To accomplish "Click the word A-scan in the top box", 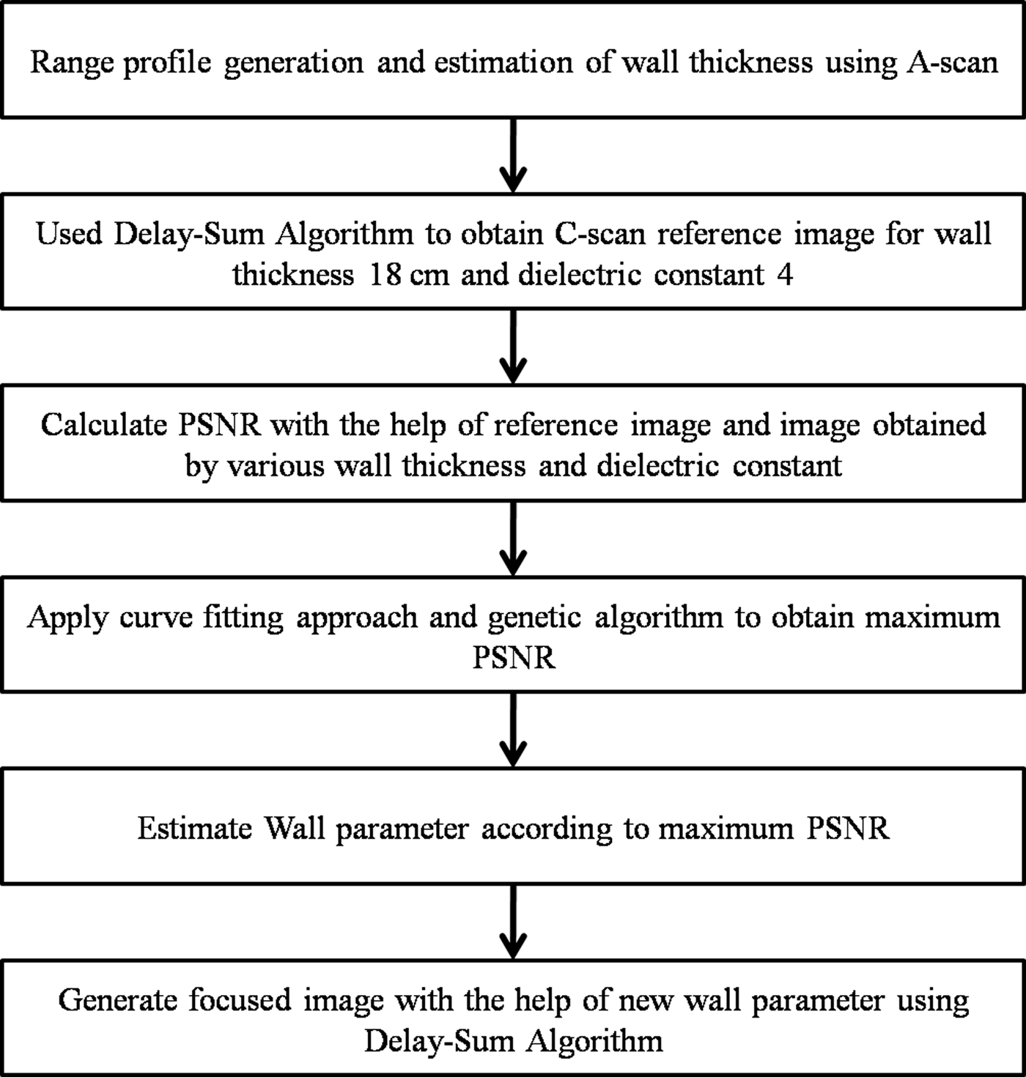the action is point(953,63).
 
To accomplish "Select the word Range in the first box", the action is point(71,63).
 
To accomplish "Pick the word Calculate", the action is point(104,425).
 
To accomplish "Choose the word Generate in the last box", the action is point(117,1001).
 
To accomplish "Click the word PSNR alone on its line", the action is point(513,658).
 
